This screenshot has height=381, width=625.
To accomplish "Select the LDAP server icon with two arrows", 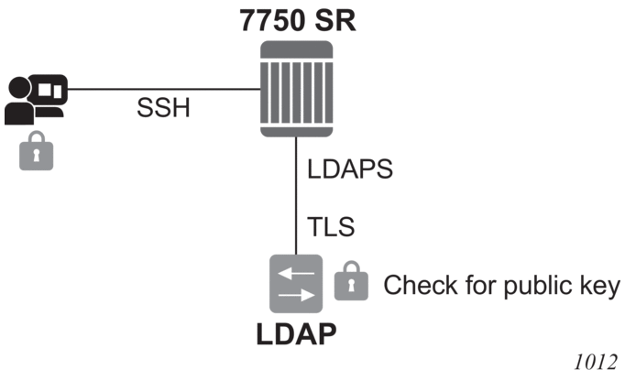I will point(295,283).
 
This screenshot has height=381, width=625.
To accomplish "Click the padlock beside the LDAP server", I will point(349,283).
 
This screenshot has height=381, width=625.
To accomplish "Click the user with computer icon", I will point(35,97).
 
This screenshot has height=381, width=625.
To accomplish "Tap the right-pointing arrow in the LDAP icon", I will point(295,296).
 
